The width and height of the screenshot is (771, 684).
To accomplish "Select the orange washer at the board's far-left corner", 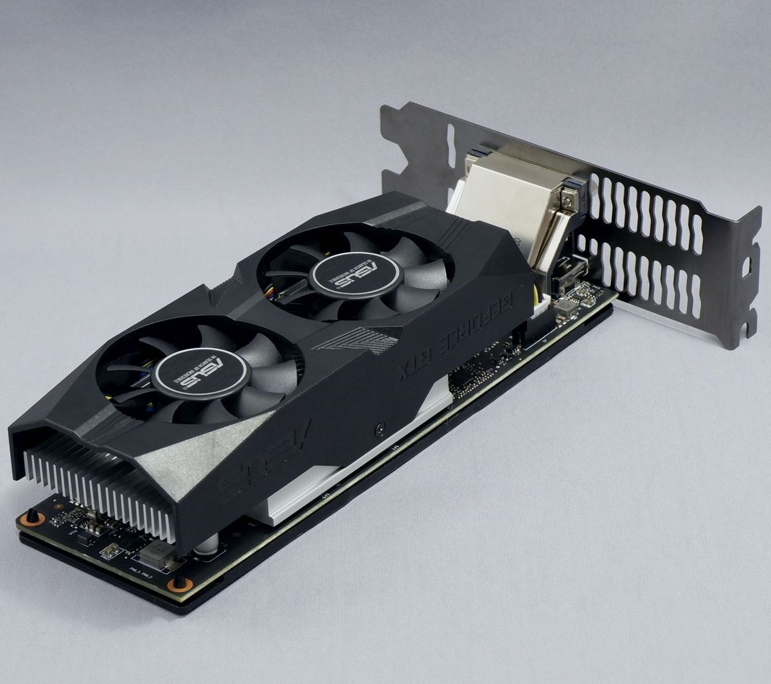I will coord(32,517).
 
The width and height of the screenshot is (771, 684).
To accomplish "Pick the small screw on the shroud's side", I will coord(381,426).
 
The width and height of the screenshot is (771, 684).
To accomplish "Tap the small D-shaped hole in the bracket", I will coord(747,265).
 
